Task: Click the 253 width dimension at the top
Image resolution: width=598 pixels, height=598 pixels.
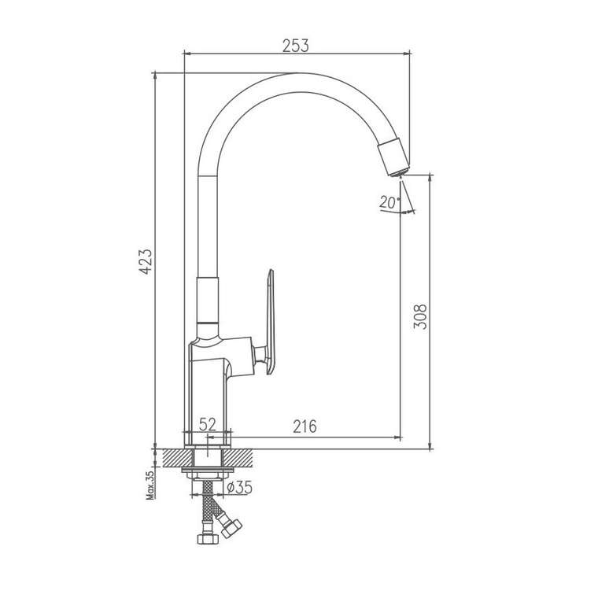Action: [297, 46]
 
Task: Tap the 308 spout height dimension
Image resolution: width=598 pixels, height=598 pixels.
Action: [420, 316]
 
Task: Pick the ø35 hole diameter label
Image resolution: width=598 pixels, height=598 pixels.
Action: [238, 489]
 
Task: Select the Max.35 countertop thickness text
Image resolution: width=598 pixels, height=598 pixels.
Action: [148, 483]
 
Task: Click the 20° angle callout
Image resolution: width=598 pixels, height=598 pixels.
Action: [386, 202]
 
